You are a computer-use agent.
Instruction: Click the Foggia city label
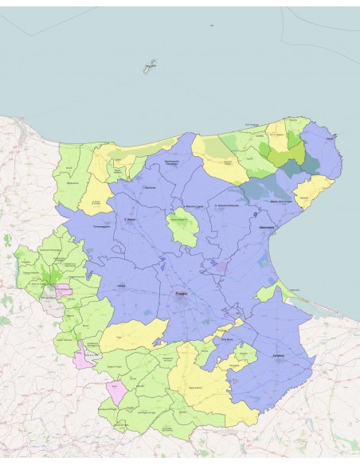coord(182,294)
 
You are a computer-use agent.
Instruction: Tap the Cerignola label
coord(278,355)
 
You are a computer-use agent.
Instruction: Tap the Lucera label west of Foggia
coord(121,284)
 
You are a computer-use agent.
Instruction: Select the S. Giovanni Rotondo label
coord(222,207)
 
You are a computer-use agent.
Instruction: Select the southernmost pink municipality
coord(116,392)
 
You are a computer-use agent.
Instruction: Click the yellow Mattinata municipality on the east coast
coord(311,191)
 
